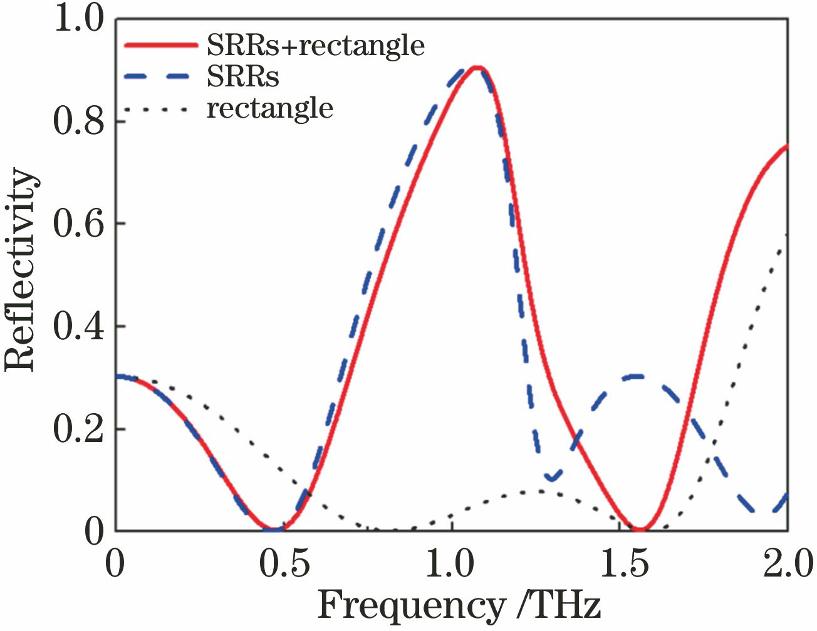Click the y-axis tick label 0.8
pos(78,121)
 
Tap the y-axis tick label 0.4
pos(78,326)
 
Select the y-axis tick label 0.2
pos(78,429)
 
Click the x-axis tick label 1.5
pos(625,563)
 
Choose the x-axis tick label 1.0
pos(449,563)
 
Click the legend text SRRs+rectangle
pos(316,46)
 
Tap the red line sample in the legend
pos(161,45)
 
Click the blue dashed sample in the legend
pos(161,76)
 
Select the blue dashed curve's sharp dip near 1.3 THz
pos(551,478)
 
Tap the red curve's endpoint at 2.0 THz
pos(786,147)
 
